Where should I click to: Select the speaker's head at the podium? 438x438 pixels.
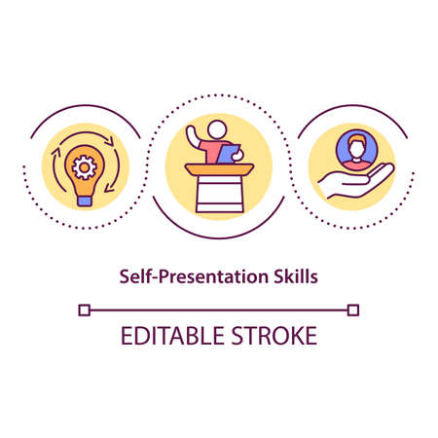coord(216,129)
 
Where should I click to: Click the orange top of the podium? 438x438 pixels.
coord(219,169)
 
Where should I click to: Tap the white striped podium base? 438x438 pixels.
coord(219,195)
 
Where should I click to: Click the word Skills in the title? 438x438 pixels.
coord(295,275)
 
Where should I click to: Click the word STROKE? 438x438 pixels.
coord(272,336)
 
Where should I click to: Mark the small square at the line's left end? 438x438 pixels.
coord(85,310)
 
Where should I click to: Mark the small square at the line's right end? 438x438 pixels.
coord(353,310)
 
